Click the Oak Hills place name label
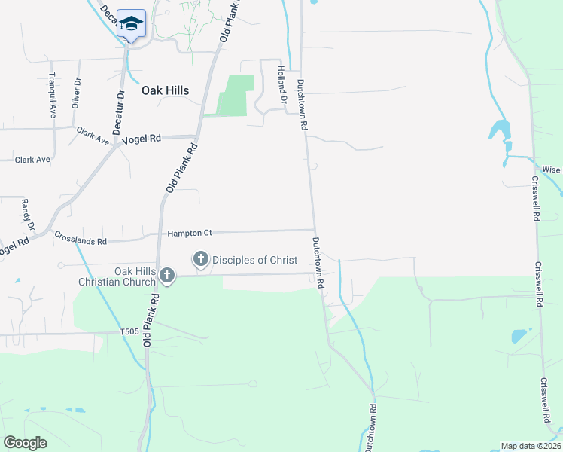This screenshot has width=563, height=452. tap(165, 90)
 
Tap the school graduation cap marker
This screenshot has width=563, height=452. tap(131, 25)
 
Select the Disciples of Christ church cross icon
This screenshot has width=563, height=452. tap(201, 260)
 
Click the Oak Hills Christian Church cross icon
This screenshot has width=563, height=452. tap(167, 277)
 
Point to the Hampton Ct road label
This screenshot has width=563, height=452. tap(190, 234)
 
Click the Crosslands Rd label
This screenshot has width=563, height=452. tap(80, 239)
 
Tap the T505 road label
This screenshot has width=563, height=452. tap(130, 331)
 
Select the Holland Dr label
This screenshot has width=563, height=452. tap(282, 84)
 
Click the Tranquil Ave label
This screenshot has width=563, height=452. tap(53, 95)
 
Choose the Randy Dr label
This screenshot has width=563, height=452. tap(28, 215)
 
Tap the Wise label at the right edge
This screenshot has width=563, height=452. tap(552, 170)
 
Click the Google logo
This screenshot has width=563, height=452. tap(25, 443)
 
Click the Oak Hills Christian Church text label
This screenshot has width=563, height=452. tap(117, 276)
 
